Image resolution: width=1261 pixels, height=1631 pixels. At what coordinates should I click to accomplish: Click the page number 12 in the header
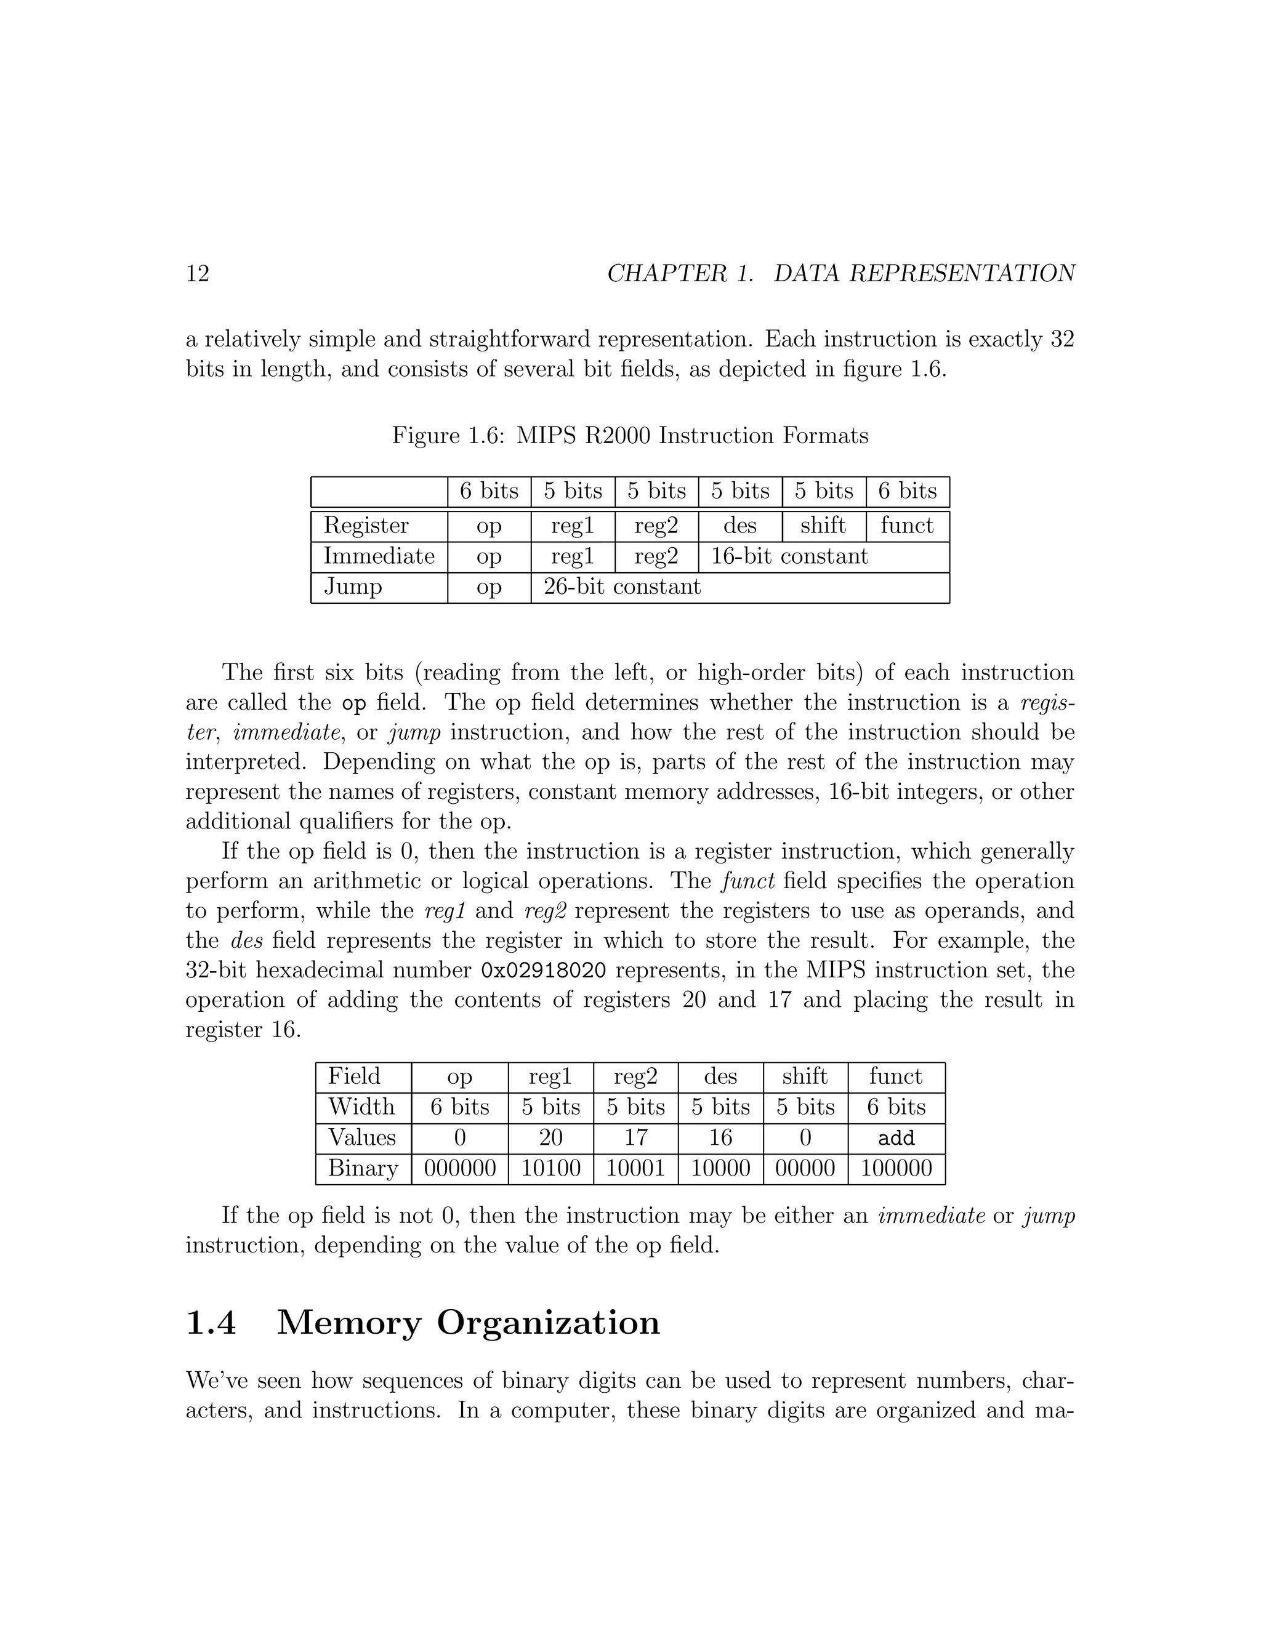tap(197, 273)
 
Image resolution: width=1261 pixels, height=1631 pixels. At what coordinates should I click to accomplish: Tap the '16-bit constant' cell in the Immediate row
tap(789, 556)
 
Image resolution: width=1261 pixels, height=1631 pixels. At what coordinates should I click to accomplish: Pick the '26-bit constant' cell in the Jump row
tap(622, 587)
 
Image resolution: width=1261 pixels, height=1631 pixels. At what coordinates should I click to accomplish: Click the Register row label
tap(366, 526)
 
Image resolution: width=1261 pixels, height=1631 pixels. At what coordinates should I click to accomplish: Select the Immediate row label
tap(379, 556)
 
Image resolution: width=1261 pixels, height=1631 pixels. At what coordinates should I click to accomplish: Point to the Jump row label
tap(353, 587)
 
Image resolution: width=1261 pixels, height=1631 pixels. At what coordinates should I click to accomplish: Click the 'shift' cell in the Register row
tap(823, 526)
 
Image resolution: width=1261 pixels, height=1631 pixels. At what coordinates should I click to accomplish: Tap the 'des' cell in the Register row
tap(739, 526)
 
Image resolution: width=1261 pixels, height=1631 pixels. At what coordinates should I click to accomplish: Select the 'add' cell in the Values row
tap(896, 1138)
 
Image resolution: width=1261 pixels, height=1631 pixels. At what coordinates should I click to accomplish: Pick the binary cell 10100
tap(550, 1169)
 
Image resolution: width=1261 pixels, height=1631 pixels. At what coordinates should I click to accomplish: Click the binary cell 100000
tap(896, 1169)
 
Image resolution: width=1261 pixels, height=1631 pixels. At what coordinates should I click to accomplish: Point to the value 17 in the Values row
tap(635, 1138)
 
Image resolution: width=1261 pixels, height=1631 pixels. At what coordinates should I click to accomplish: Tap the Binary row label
tap(362, 1169)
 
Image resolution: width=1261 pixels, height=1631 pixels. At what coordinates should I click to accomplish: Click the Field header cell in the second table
tap(354, 1077)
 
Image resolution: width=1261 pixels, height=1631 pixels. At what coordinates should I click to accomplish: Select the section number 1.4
tap(211, 1323)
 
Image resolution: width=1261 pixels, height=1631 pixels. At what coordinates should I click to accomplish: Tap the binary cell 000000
tap(459, 1169)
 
